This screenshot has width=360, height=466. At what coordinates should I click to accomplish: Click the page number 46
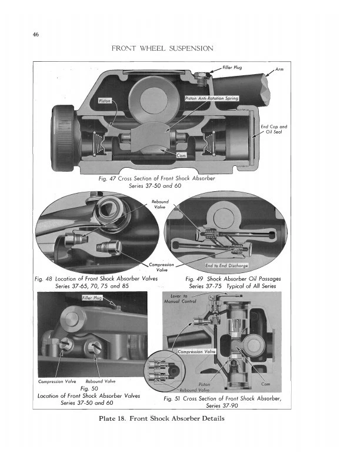[37, 35]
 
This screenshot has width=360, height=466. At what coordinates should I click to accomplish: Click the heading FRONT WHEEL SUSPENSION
[162, 48]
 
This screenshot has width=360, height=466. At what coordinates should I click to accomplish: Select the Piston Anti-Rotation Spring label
[212, 98]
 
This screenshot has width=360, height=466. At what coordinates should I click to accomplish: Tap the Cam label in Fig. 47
[182, 155]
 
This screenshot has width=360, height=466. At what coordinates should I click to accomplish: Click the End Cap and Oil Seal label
[274, 129]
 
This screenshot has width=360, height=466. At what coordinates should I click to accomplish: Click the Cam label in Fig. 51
[266, 384]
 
